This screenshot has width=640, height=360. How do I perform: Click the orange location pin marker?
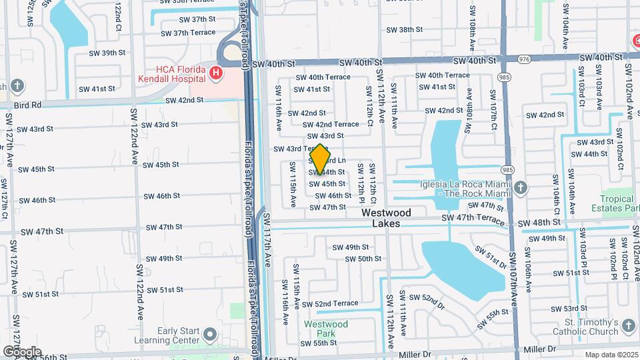coord(321,159)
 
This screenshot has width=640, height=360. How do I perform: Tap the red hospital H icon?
coord(215,73)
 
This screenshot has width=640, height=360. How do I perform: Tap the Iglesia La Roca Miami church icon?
coord(521,188)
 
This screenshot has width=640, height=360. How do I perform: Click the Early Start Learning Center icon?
coord(211,334)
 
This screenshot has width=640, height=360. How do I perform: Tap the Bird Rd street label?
coord(27,105)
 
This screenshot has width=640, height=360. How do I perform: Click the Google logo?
coord(22,351)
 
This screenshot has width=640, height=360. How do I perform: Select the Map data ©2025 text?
coord(611,355)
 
